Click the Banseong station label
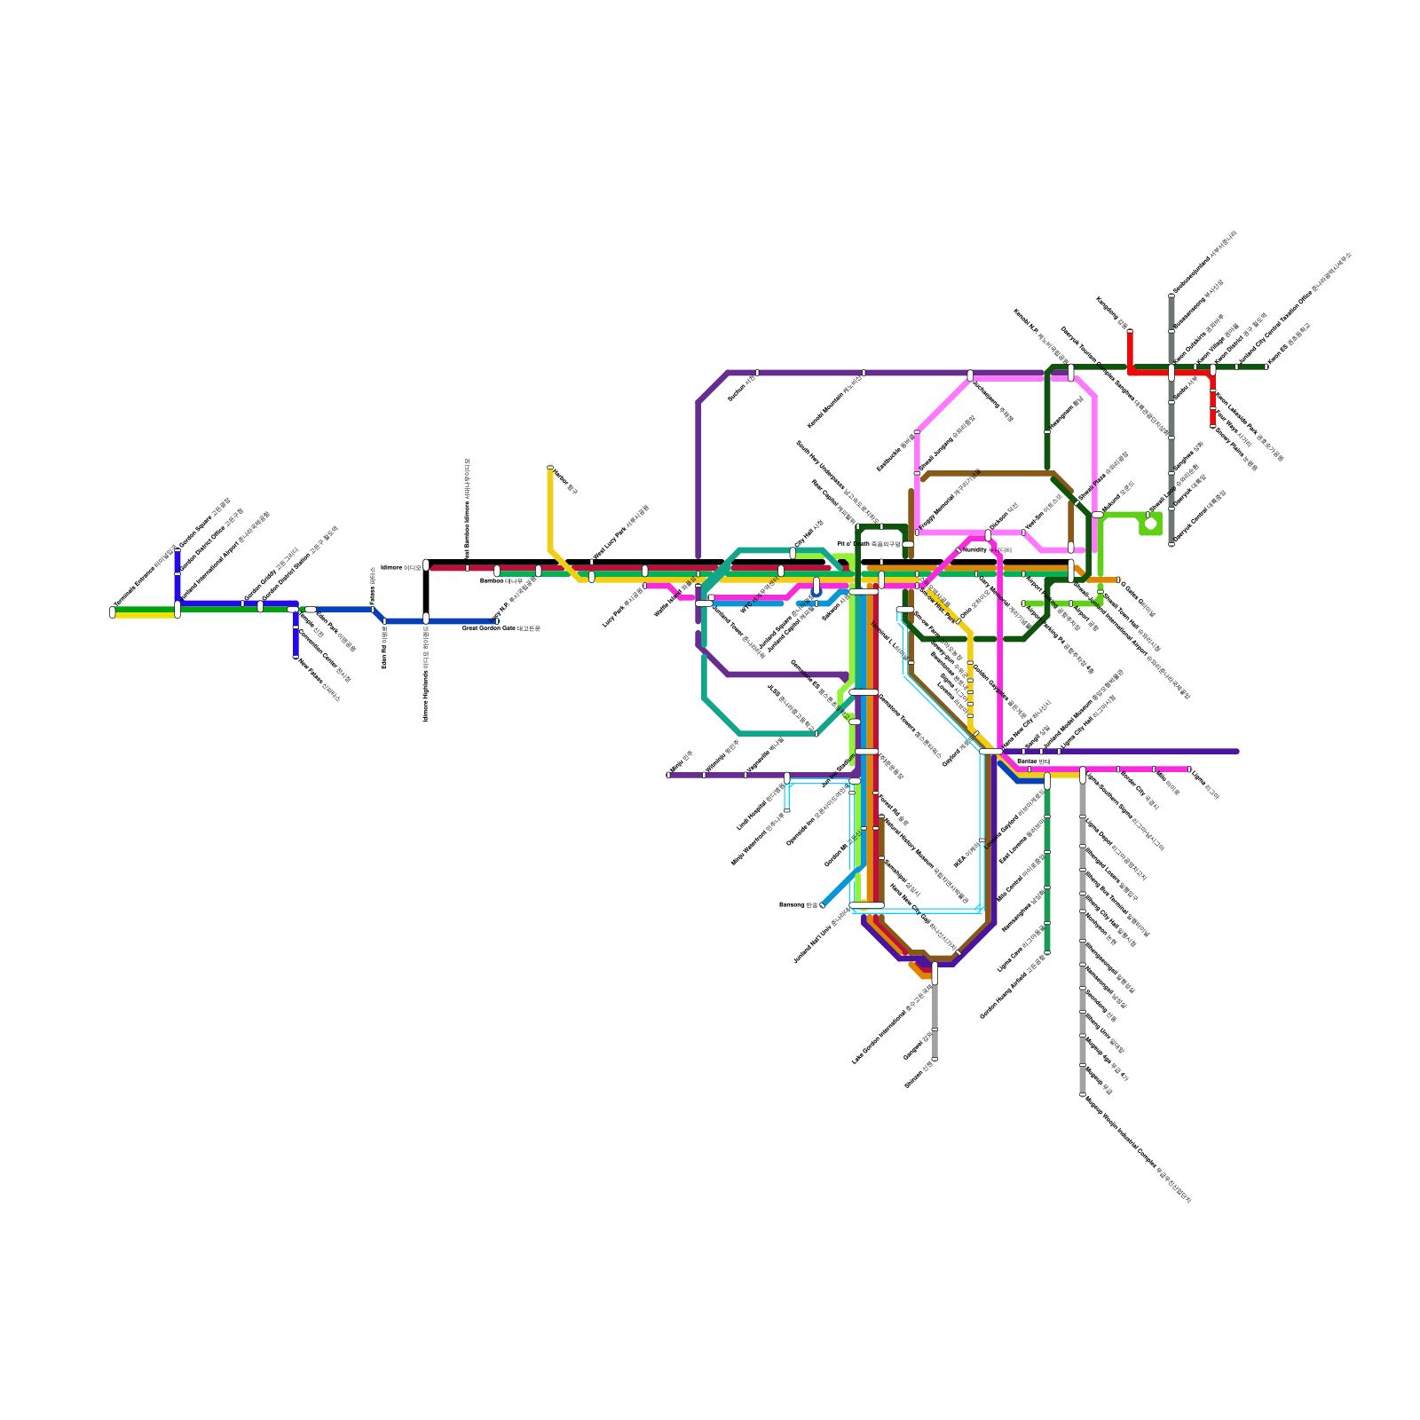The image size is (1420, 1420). pyautogui.click(x=798, y=905)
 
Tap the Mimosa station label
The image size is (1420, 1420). pyautogui.click(x=400, y=567)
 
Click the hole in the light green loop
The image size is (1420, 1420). pyautogui.click(x=1150, y=524)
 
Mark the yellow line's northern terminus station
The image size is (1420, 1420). pyautogui.click(x=550, y=468)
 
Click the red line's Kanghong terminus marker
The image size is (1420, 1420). pyautogui.click(x=1130, y=332)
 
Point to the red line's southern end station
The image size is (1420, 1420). pyautogui.click(x=1213, y=426)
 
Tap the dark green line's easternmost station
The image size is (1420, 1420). pyautogui.click(x=1266, y=367)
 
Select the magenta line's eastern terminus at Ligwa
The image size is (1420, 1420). pyautogui.click(x=1188, y=769)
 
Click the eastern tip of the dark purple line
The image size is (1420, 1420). pyautogui.click(x=1237, y=752)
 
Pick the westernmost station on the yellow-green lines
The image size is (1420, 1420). pyautogui.click(x=113, y=611)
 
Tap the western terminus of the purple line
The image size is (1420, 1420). pyautogui.click(x=668, y=775)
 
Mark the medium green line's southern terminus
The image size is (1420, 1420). pyautogui.click(x=1047, y=953)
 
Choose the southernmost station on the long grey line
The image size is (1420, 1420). pyautogui.click(x=1083, y=1095)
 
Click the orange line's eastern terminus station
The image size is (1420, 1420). pyautogui.click(x=1118, y=580)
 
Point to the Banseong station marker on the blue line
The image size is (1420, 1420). pyautogui.click(x=823, y=905)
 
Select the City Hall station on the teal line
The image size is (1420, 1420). pyautogui.click(x=793, y=553)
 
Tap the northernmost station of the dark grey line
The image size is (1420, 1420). pyautogui.click(x=1171, y=296)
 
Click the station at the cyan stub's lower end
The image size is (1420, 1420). pyautogui.click(x=786, y=809)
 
